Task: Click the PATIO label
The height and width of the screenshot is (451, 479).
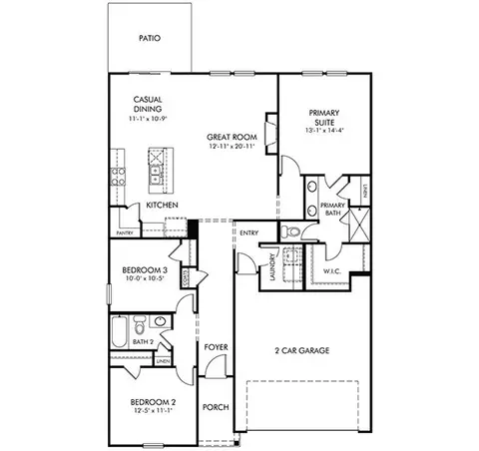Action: click(150, 39)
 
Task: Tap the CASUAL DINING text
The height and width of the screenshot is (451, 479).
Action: click(148, 104)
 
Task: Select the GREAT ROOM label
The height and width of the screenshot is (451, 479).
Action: click(231, 136)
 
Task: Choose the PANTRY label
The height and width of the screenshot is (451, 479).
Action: click(125, 232)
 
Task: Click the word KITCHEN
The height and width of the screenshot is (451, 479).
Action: click(162, 205)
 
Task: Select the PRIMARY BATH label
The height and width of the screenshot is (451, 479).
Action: click(333, 209)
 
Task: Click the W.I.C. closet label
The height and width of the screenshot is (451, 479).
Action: click(332, 270)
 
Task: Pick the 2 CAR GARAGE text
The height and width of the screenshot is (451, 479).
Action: click(302, 350)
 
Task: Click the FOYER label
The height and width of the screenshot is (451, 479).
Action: click(216, 347)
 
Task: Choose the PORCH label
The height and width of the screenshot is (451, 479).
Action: click(216, 406)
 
